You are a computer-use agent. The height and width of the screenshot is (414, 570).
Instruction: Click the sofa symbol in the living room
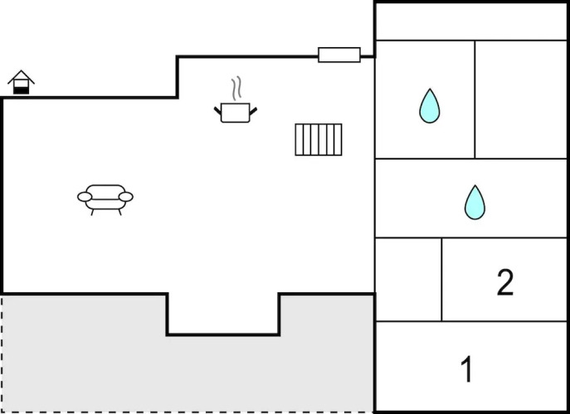click(x=105, y=199)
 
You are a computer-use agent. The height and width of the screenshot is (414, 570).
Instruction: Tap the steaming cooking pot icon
click(x=234, y=112)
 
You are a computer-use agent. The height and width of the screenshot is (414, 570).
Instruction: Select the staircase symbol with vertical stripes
click(x=319, y=139)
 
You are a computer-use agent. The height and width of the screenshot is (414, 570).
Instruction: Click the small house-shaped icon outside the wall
click(x=22, y=83)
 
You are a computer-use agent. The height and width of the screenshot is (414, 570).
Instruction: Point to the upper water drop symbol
click(x=429, y=106)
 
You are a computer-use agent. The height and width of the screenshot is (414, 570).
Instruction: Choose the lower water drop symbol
click(x=475, y=202)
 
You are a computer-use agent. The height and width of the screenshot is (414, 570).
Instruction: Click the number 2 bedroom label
click(x=505, y=283)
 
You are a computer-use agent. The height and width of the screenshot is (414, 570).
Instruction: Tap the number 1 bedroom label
click(x=467, y=369)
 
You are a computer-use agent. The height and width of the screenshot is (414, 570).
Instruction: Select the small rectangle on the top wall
click(x=339, y=55)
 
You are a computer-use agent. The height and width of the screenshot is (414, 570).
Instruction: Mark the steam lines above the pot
click(x=236, y=89)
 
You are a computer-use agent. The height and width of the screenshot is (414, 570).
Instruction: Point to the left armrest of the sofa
click(x=84, y=196)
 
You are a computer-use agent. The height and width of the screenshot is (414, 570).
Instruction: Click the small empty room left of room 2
click(x=408, y=280)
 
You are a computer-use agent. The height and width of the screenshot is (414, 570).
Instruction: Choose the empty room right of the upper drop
click(x=520, y=99)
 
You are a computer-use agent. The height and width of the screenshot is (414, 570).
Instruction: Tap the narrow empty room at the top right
click(x=470, y=21)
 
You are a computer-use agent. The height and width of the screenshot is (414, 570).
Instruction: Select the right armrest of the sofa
click(x=126, y=196)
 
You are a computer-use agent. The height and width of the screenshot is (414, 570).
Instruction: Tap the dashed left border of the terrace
click(x=2, y=352)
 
